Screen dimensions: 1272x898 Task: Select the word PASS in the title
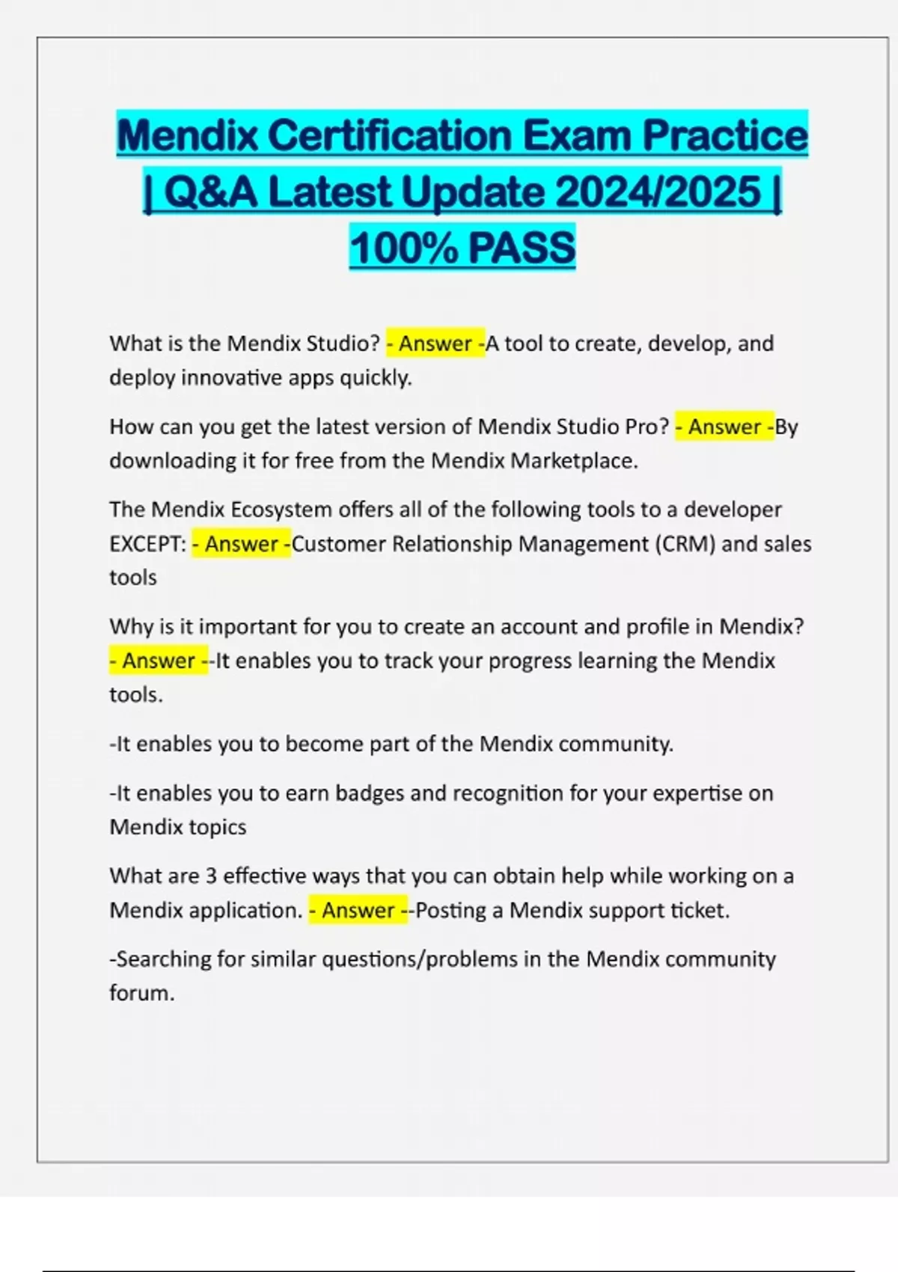(x=522, y=248)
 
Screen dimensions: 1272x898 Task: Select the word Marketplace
(x=573, y=460)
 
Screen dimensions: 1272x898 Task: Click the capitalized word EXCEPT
(x=147, y=544)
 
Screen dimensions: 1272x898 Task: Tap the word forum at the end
(x=141, y=994)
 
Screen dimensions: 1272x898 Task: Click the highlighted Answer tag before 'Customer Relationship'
(x=241, y=544)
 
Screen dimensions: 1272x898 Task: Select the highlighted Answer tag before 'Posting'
(x=358, y=911)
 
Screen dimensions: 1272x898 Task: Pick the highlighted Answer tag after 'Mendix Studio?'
(x=435, y=343)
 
